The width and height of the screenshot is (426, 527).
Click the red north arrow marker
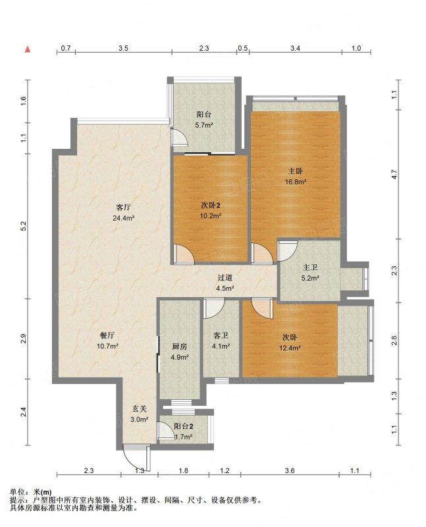click(28, 49)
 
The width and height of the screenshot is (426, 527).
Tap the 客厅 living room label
click(123, 207)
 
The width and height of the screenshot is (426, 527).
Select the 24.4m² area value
click(124, 218)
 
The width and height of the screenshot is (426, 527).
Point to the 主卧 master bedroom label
click(296, 171)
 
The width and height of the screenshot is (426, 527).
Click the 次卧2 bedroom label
click(210, 205)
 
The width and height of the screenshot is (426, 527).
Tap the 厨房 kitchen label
click(179, 347)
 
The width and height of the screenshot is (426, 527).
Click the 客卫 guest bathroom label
click(221, 335)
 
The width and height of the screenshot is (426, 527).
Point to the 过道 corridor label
click(225, 277)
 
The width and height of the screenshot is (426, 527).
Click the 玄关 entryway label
click(140, 408)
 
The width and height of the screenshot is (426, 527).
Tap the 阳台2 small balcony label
click(184, 426)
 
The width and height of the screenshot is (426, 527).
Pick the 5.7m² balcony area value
click(204, 125)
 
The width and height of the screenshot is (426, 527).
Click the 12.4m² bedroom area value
click(290, 348)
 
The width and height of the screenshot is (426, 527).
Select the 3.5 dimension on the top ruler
click(123, 48)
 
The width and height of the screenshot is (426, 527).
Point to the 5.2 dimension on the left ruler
click(23, 227)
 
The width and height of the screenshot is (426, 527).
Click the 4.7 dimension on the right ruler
click(394, 175)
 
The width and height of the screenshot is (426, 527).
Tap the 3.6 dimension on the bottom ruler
click(290, 470)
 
